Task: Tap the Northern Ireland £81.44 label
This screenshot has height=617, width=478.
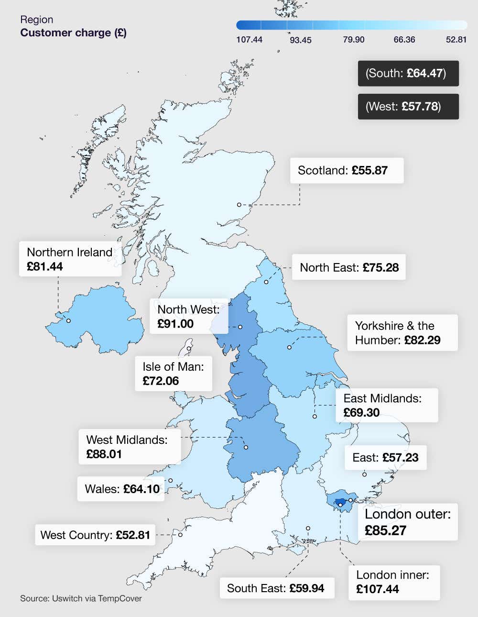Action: coord(70,259)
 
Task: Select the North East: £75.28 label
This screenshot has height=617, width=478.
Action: coord(349,267)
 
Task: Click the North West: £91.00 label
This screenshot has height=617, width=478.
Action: coord(189,316)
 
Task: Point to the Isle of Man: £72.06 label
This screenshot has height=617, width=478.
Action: coord(173,374)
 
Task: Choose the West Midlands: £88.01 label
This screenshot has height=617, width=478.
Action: coord(129,447)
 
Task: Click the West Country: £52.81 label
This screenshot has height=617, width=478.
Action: coord(95,535)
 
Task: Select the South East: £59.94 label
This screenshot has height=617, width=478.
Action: coord(276,588)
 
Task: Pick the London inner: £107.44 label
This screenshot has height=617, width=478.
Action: coord(393,582)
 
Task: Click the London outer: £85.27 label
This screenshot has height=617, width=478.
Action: coord(408,522)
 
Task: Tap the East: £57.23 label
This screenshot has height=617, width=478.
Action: coord(385,457)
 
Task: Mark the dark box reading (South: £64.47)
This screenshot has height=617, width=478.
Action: coord(408,73)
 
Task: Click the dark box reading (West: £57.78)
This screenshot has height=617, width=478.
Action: coord(408,106)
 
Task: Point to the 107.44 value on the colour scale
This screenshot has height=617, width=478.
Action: coord(249,40)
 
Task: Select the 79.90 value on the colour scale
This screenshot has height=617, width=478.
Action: coord(354,40)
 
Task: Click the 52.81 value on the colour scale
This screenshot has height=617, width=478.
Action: coord(456,40)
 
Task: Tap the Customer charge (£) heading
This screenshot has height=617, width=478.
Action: coord(73,33)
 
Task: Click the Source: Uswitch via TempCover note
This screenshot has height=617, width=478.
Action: coord(81,598)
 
